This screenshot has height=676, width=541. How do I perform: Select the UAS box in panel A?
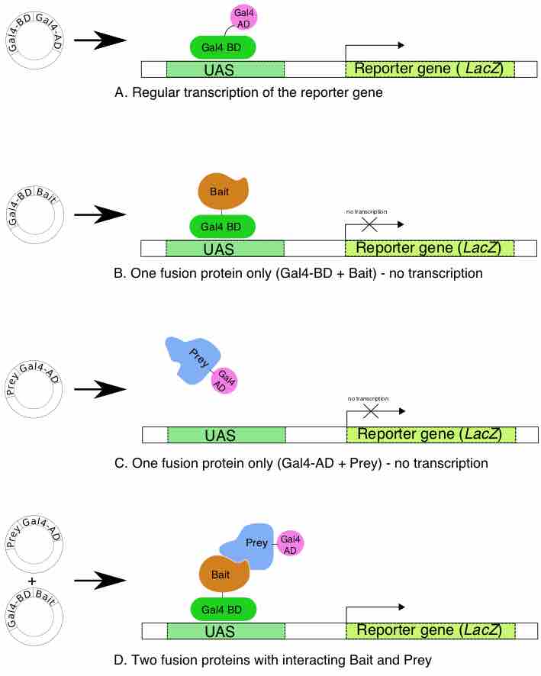[x=225, y=69]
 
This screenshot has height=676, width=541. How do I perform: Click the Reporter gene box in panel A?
[x=430, y=69]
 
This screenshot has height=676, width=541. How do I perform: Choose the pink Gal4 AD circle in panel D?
[x=289, y=543]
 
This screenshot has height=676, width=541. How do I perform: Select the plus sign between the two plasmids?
[x=32, y=582]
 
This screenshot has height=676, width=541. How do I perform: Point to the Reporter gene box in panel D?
[x=430, y=630]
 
